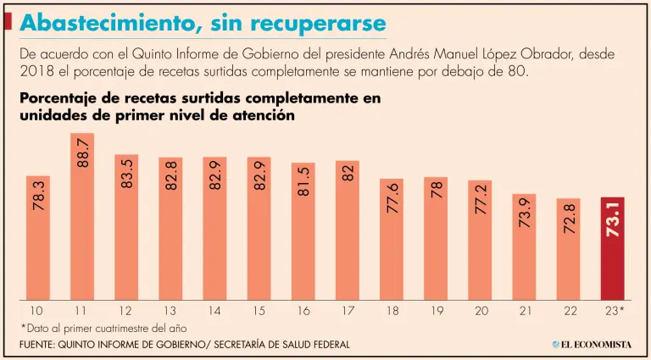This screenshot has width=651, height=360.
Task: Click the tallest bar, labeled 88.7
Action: tap(81, 216)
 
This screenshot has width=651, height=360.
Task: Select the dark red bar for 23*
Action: tap(614, 248)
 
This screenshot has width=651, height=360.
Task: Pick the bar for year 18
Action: tap(392, 239)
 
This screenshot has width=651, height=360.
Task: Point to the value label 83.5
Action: tap(126, 172)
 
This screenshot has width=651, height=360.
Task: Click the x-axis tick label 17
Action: tap(348, 312)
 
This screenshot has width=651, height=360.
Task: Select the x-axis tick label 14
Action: tap(214, 312)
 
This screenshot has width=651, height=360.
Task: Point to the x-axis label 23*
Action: tap(615, 312)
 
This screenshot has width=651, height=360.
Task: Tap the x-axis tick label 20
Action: tap(481, 312)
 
